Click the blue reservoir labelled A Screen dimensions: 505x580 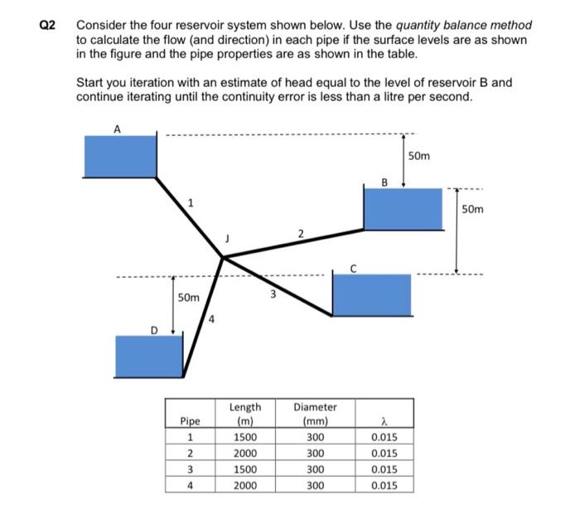coord(120,156)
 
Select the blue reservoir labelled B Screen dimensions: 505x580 coord(404,209)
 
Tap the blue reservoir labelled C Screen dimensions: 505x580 coord(371,294)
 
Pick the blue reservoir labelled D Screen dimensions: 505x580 coord(149,356)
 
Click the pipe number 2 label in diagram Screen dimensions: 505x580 coord(301,233)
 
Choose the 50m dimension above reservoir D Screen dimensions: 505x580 coord(190,297)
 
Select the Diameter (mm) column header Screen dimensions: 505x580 coord(315,414)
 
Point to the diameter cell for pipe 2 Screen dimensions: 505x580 coord(315,453)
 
